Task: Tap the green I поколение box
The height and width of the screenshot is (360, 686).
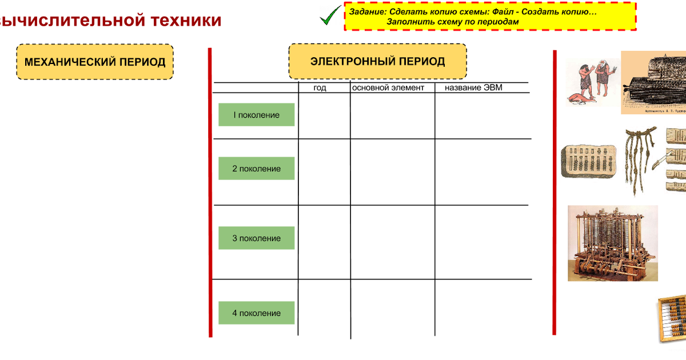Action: pos(256,115)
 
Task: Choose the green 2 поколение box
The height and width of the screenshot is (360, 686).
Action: pos(256,169)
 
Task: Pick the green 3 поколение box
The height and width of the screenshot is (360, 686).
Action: pos(256,238)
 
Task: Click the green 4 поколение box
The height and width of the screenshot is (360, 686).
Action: pos(256,313)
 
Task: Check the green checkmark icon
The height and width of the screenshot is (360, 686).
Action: pos(330,15)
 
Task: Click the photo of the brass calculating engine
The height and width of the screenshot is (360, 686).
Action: pos(613,243)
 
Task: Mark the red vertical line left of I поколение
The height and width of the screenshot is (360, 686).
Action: pos(210,189)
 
